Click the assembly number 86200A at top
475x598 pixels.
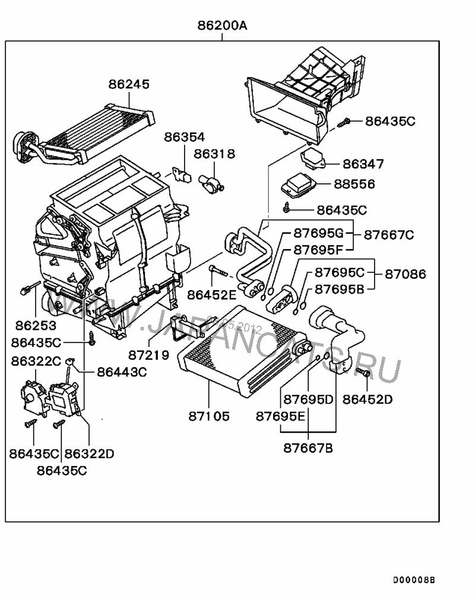pos(222,26)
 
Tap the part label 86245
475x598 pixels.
pos(129,84)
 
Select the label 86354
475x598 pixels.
pos(185,137)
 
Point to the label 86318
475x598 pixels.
pos(214,154)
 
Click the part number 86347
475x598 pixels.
pos(363,164)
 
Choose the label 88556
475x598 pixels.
pos(354,185)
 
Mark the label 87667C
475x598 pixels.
pos(389,235)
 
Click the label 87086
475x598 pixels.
pos(405,275)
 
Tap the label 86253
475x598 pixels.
pos(36,326)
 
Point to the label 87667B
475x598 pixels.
pos(308,448)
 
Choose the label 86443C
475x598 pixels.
pos(122,372)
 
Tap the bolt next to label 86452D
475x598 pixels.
pos(363,372)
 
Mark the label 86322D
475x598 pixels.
pos(88,454)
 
